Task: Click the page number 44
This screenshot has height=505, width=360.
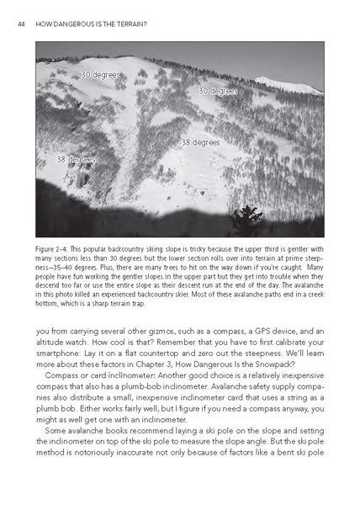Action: click(x=22, y=24)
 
